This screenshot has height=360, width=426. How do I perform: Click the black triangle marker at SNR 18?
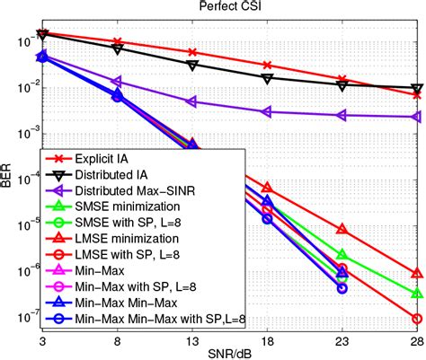[x=267, y=78]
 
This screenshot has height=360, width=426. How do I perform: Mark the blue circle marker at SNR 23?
[x=342, y=288]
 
